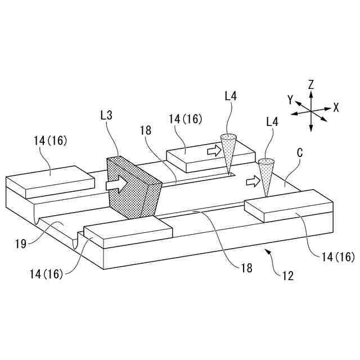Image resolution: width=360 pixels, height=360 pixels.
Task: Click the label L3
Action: pos(106,115)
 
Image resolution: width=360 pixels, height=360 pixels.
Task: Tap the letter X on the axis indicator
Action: pos(336,107)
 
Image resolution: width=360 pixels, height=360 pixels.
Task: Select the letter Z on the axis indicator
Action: pos(311,85)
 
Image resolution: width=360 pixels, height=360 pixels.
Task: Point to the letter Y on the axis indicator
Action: pos(290,100)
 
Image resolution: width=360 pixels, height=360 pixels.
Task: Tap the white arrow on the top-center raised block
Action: pos(214,151)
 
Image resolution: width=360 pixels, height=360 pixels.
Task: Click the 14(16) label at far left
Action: pos(50,141)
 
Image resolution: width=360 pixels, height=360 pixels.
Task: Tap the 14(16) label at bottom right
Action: pos(337,257)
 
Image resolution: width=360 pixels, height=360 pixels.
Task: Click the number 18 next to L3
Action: pos(146,130)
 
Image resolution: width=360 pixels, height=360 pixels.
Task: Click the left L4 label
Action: pos(231,96)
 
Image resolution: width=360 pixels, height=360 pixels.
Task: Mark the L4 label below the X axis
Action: pos(272,121)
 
